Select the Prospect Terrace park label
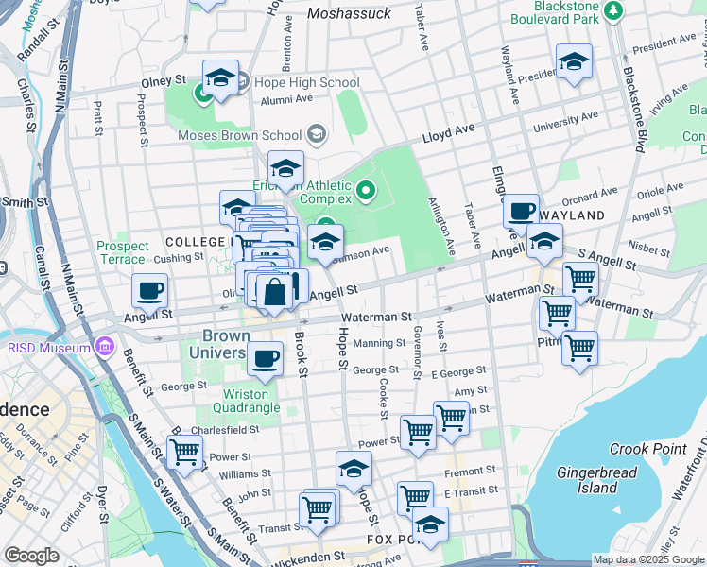tap(123, 252)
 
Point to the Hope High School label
tap(306, 82)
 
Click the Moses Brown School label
tap(240, 135)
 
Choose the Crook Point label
tap(641, 449)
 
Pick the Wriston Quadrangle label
tap(251, 401)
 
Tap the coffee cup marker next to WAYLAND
tap(520, 211)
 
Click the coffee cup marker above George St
tap(265, 357)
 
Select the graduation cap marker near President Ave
tap(574, 60)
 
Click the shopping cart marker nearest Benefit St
tap(184, 451)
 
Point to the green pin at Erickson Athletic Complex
tap(367, 195)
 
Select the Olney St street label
tap(162, 83)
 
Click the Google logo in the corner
tap(31, 556)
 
